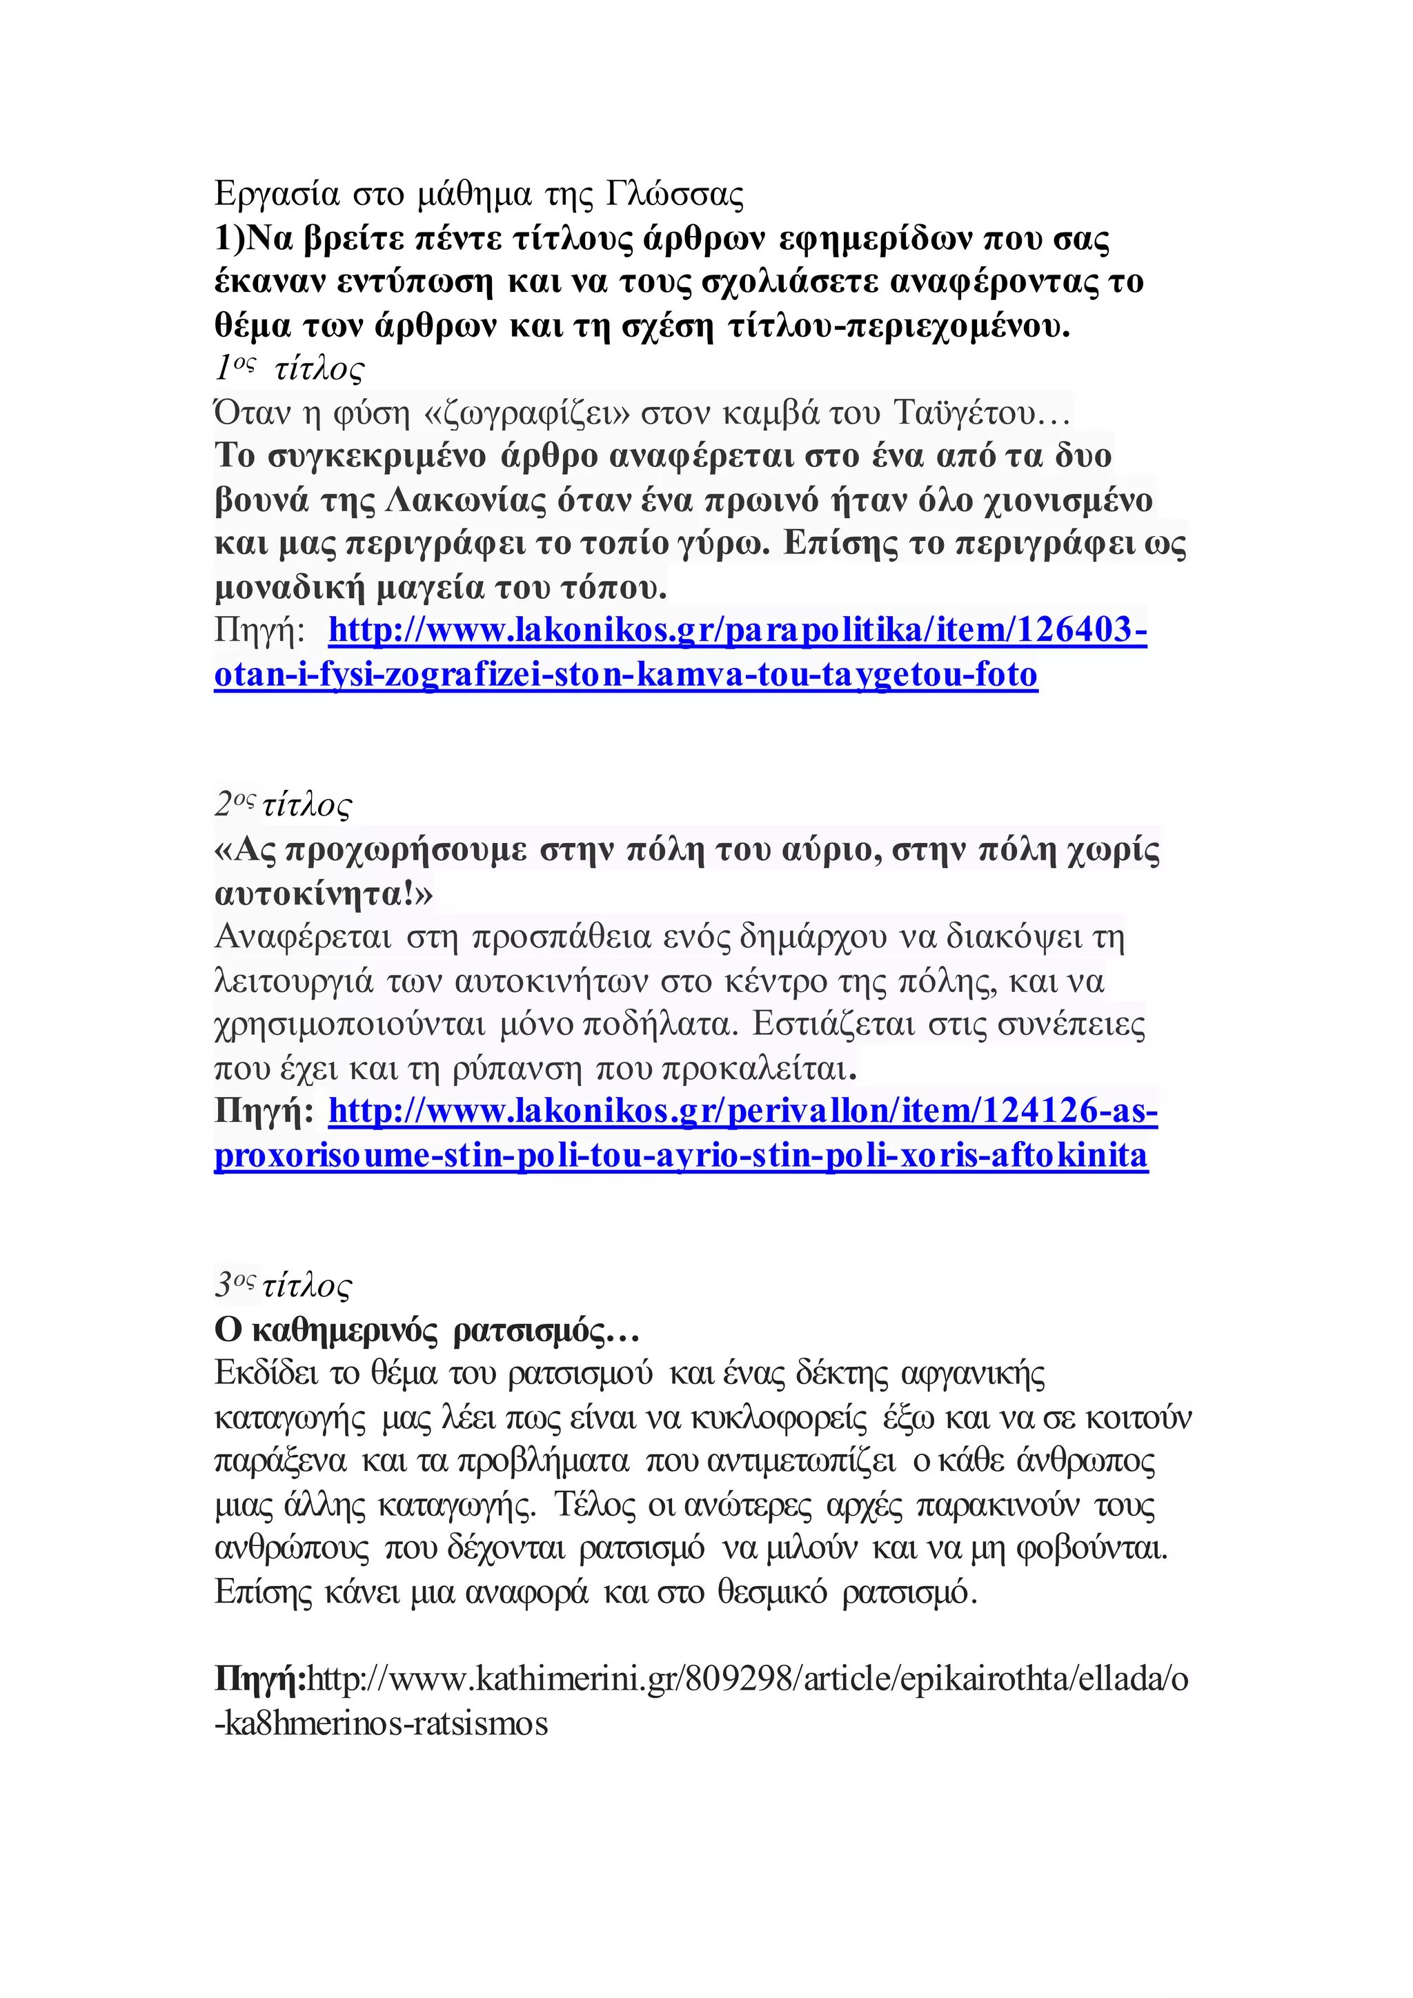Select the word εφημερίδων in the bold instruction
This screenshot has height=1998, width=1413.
(874, 239)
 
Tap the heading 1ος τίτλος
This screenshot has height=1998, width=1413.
(290, 369)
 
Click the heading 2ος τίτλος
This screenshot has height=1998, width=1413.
(284, 805)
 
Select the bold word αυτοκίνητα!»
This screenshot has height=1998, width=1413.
(323, 893)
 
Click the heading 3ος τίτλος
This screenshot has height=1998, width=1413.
(284, 1285)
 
